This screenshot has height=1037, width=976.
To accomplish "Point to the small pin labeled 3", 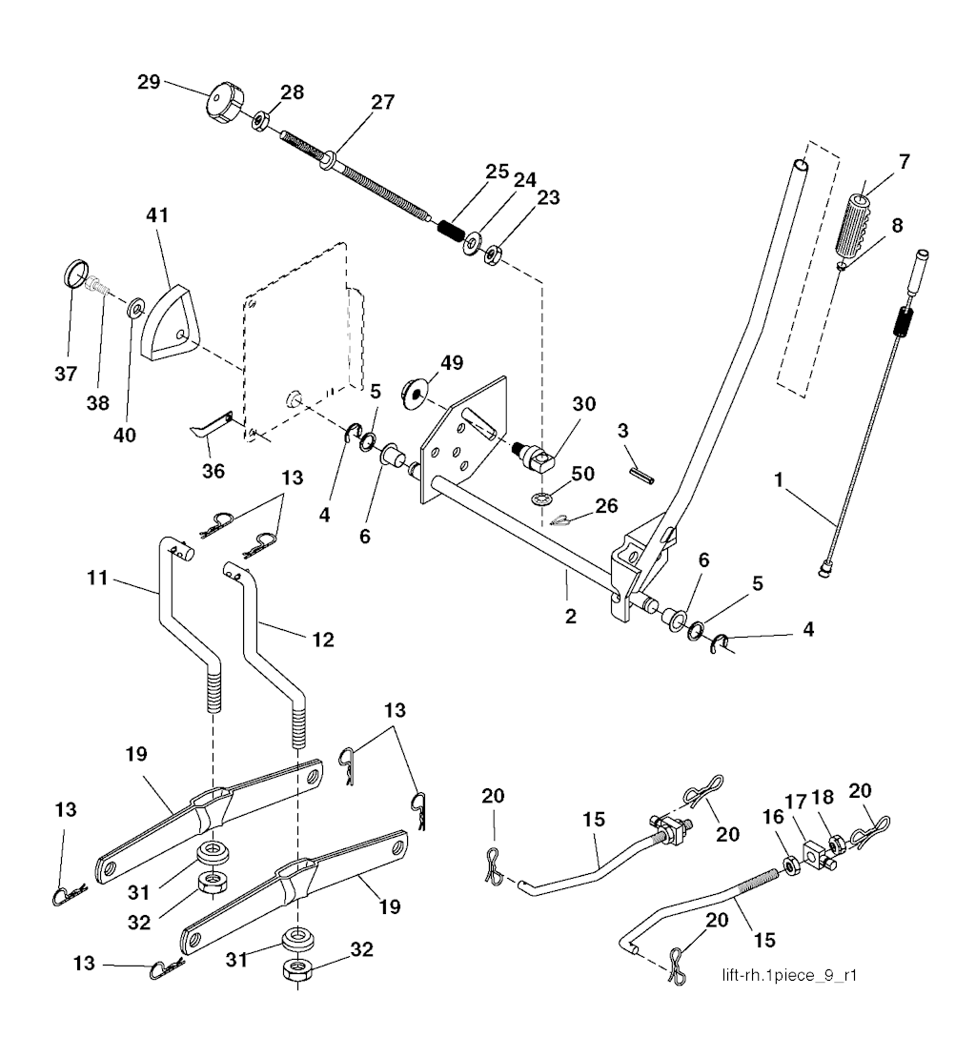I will pyautogui.click(x=643, y=474).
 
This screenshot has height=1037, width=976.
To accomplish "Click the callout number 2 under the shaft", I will pyautogui.click(x=570, y=616).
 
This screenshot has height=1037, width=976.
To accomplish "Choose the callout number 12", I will pyautogui.click(x=322, y=640).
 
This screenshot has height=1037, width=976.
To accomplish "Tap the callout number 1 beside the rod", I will pyautogui.click(x=780, y=485).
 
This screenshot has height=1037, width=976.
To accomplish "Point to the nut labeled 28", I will pyautogui.click(x=259, y=121).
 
